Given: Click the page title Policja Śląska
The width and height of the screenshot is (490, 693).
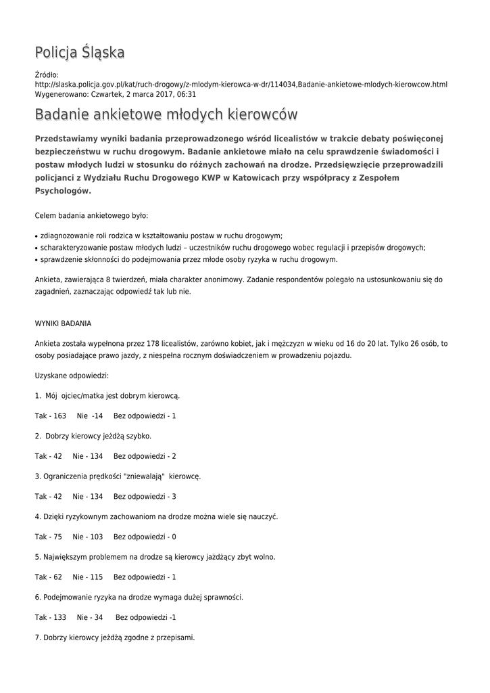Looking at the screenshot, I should [x=80, y=53].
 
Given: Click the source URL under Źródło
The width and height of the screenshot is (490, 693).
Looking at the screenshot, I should [x=241, y=85].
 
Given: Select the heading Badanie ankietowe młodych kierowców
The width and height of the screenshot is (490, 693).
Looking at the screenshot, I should [x=166, y=114].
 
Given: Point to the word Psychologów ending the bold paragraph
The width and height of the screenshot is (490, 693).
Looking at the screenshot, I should [x=62, y=191].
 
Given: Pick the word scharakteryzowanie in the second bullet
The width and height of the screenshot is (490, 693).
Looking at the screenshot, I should [x=74, y=248].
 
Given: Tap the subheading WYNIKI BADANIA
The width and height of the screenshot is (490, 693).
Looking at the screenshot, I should [x=63, y=323].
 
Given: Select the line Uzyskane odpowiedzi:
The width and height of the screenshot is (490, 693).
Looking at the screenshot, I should [x=72, y=375].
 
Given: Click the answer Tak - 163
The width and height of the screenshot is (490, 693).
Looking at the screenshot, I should [x=51, y=416].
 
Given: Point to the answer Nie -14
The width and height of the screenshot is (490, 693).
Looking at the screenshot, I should [x=90, y=416].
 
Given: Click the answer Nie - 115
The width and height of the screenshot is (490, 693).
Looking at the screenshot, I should [x=88, y=577].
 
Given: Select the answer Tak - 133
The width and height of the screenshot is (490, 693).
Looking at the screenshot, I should [x=51, y=617].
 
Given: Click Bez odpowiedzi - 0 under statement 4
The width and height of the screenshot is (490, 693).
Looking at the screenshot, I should [x=145, y=537].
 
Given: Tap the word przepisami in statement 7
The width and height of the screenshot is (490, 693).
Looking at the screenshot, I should [x=176, y=638].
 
